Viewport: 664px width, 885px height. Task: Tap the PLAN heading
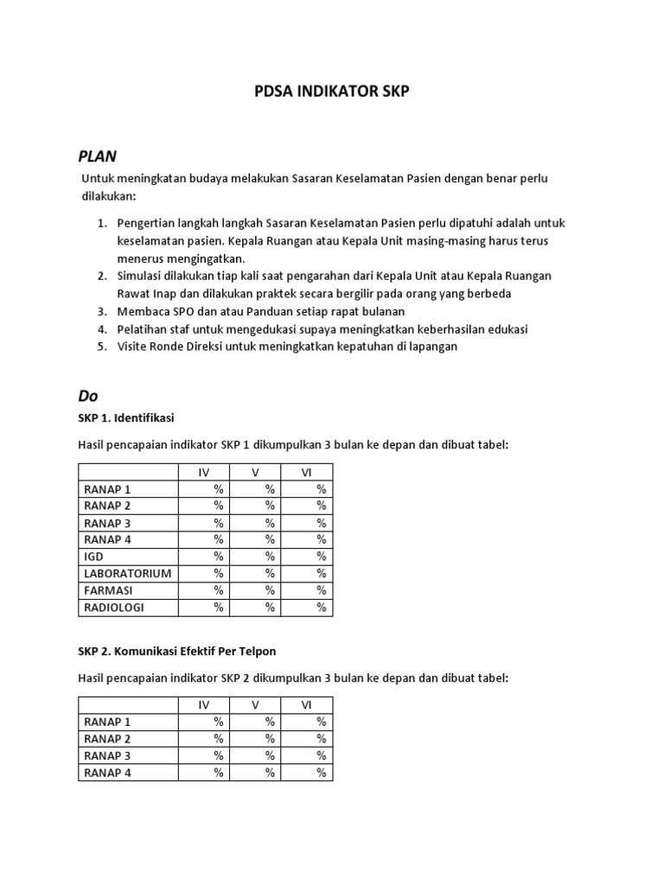point(97,156)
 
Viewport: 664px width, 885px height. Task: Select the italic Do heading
point(88,396)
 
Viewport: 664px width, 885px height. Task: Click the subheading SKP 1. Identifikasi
point(126,417)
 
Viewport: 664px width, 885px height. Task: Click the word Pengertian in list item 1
point(146,223)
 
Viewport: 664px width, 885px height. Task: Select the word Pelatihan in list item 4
point(144,329)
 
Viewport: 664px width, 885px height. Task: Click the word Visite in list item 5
point(134,347)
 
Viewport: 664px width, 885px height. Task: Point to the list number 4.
point(101,329)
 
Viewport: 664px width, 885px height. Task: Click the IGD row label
point(93,557)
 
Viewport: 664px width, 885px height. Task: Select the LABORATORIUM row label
point(127,573)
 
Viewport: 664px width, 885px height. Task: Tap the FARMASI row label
point(108,590)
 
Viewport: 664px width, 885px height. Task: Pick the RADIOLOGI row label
point(114,608)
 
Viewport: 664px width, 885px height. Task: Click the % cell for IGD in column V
point(270,557)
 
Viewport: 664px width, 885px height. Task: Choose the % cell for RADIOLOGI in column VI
point(321,608)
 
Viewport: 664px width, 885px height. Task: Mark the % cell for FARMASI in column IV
point(219,590)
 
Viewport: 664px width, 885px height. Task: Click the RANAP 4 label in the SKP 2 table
point(107,773)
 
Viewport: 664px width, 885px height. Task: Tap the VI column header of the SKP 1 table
point(306,472)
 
